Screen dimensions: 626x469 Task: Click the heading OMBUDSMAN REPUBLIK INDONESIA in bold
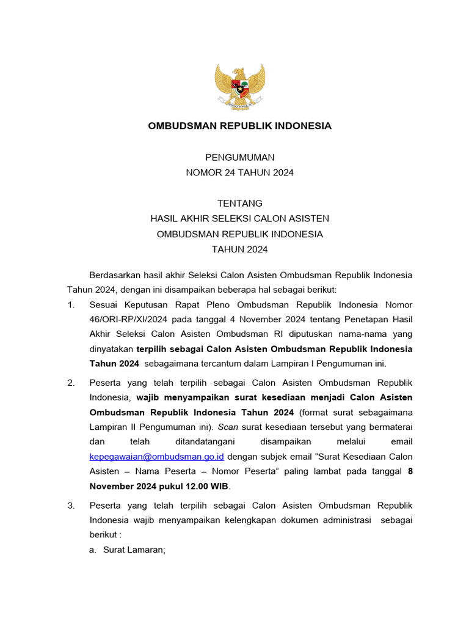point(239,126)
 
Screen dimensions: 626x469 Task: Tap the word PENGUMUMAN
point(239,157)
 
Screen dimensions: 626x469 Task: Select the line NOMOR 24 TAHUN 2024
point(239,172)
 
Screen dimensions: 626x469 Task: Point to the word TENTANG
point(239,203)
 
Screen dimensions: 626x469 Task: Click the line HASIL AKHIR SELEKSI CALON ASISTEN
point(239,218)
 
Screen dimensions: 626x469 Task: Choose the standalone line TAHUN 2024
point(239,249)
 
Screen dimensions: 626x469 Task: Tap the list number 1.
point(70,304)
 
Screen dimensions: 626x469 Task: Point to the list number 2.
point(70,383)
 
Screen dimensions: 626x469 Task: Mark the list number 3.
point(70,506)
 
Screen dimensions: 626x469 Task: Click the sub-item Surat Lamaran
point(134,550)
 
